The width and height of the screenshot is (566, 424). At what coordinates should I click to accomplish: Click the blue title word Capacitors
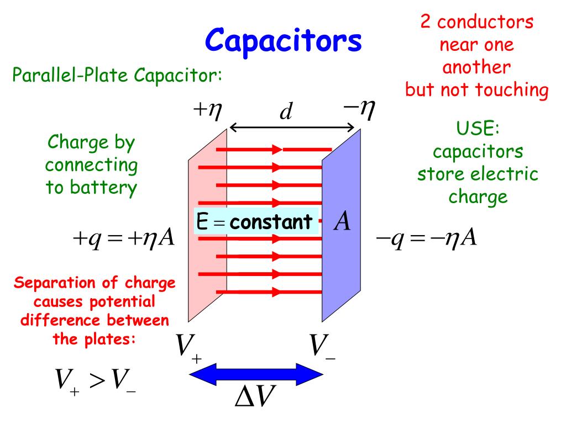tap(284, 40)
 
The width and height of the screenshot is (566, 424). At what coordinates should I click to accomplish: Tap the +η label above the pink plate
tap(207, 109)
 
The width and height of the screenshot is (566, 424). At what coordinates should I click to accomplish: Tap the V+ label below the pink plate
tap(188, 348)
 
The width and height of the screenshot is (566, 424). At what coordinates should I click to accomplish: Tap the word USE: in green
tap(478, 129)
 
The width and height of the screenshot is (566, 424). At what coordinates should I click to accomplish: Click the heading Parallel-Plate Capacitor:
tap(117, 75)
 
